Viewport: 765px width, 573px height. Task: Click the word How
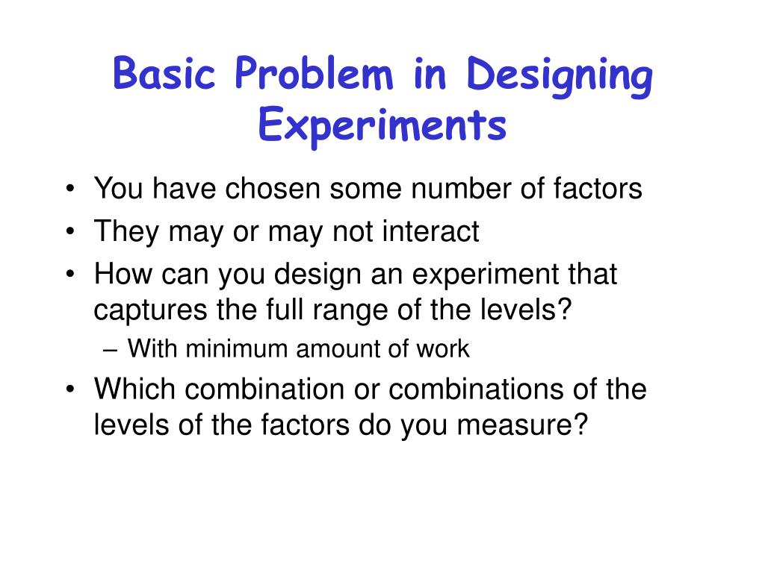pyautogui.click(x=120, y=275)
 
